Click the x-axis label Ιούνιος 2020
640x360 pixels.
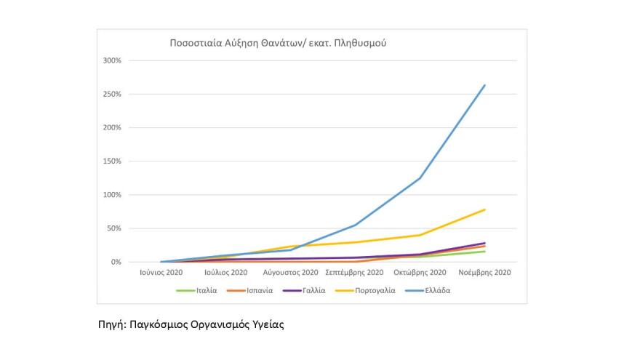coord(161,273)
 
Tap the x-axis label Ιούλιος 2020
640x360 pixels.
coord(226,273)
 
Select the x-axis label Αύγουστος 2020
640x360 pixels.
coord(291,273)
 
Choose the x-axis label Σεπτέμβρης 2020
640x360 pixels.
coord(356,273)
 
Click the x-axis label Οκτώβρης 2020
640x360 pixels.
coord(420,273)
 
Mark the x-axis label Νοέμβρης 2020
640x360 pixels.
coord(485,273)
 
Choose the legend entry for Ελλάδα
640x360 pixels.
coord(437,291)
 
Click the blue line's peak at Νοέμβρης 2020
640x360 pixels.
coord(485,85)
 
